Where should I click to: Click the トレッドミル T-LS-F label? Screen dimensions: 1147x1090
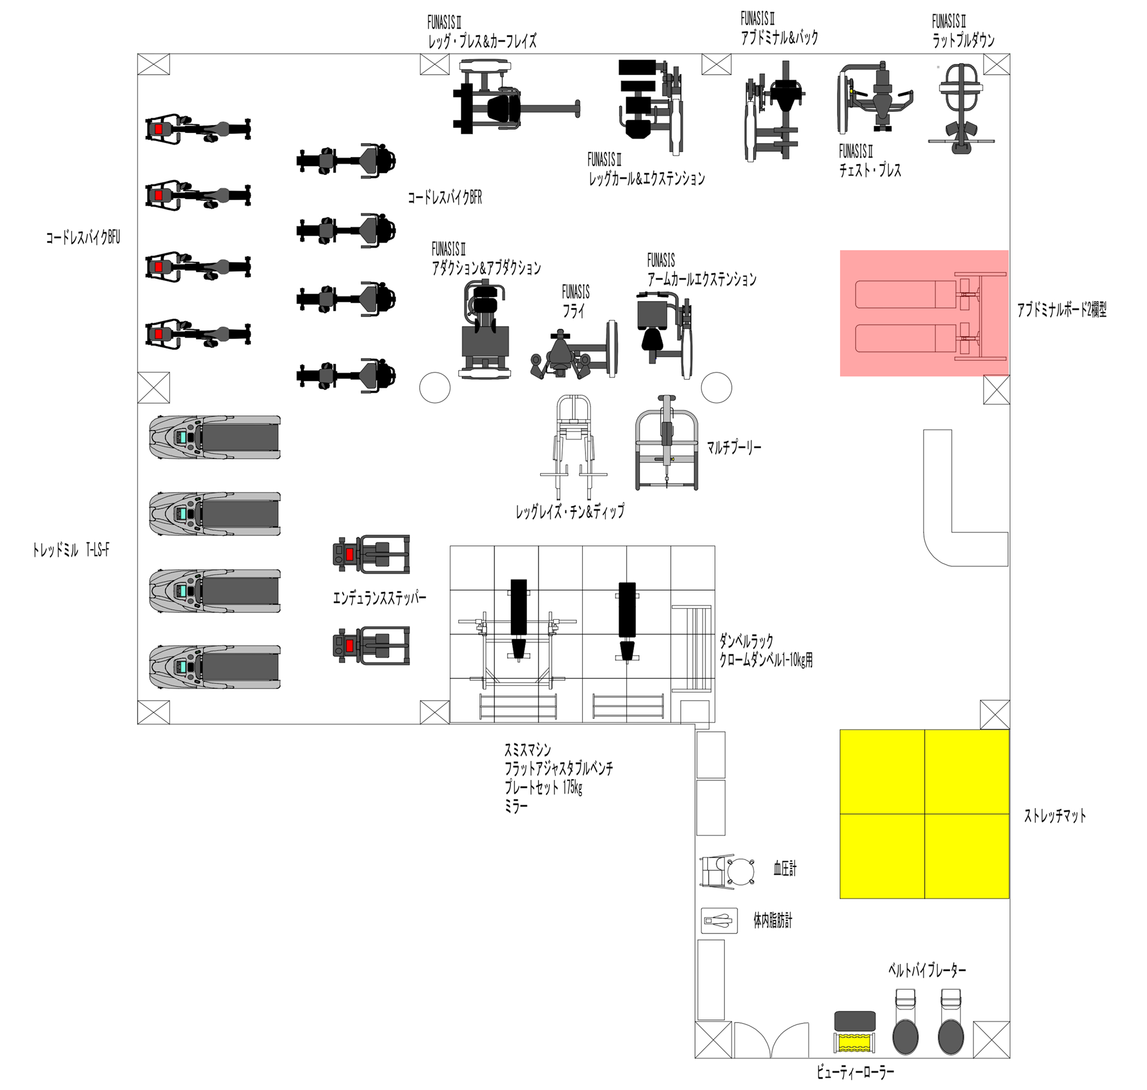point(71,550)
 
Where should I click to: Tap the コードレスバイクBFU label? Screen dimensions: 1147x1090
point(83,237)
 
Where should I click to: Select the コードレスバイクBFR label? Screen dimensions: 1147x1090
point(444,198)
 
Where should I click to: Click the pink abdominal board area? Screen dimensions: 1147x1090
point(924,313)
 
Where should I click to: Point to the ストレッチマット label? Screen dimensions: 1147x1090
point(1055,816)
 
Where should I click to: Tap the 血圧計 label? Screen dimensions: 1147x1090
point(785,869)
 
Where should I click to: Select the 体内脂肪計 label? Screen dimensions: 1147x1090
point(773,920)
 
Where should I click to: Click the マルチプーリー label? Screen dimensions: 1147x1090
point(734,447)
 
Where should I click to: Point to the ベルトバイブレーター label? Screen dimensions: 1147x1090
point(927,970)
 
